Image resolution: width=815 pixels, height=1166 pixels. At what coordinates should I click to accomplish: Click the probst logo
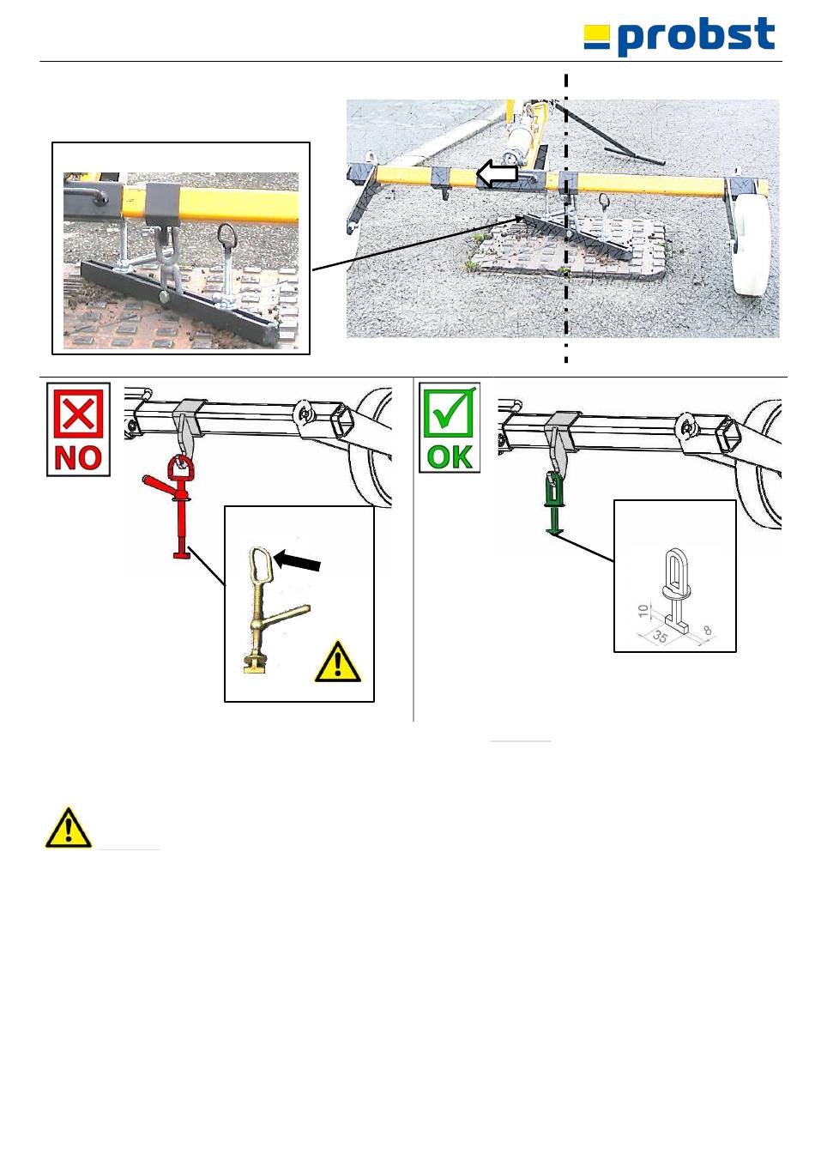coord(679,36)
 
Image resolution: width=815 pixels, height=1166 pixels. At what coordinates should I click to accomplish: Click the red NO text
coord(78,458)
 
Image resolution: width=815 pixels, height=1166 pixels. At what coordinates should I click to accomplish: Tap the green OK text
coord(450,456)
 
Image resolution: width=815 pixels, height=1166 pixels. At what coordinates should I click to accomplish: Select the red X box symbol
coord(78,414)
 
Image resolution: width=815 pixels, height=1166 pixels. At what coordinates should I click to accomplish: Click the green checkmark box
coord(450,413)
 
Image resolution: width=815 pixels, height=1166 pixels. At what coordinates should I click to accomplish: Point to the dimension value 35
coord(660,636)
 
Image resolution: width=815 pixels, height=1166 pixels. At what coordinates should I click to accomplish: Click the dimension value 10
coord(643,611)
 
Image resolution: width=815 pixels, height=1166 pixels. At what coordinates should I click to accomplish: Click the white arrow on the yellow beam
coord(497,173)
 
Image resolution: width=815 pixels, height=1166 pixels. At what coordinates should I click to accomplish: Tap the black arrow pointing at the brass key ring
coord(297,561)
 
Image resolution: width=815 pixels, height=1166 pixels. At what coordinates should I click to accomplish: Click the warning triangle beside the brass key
coord(338,662)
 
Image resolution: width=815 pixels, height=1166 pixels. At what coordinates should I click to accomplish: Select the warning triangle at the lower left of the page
coord(68,828)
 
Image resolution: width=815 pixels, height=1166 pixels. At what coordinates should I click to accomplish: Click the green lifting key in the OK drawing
coord(553,502)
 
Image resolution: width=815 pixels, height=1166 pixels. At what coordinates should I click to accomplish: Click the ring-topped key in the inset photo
coord(226,260)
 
